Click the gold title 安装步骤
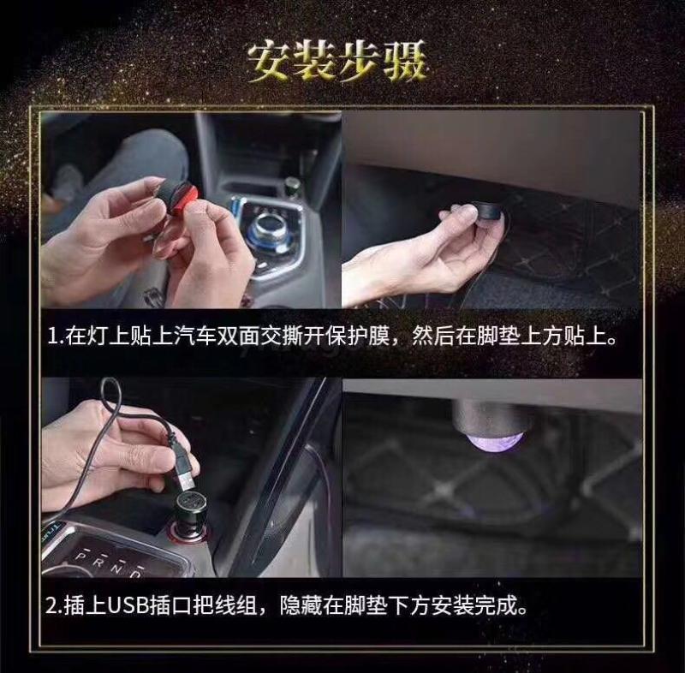pyautogui.click(x=336, y=63)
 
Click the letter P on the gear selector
pyautogui.click(x=80, y=556)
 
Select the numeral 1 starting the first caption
pyautogui.click(x=53, y=336)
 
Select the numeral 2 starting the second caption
pyautogui.click(x=52, y=606)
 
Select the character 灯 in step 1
pyautogui.click(x=98, y=336)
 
